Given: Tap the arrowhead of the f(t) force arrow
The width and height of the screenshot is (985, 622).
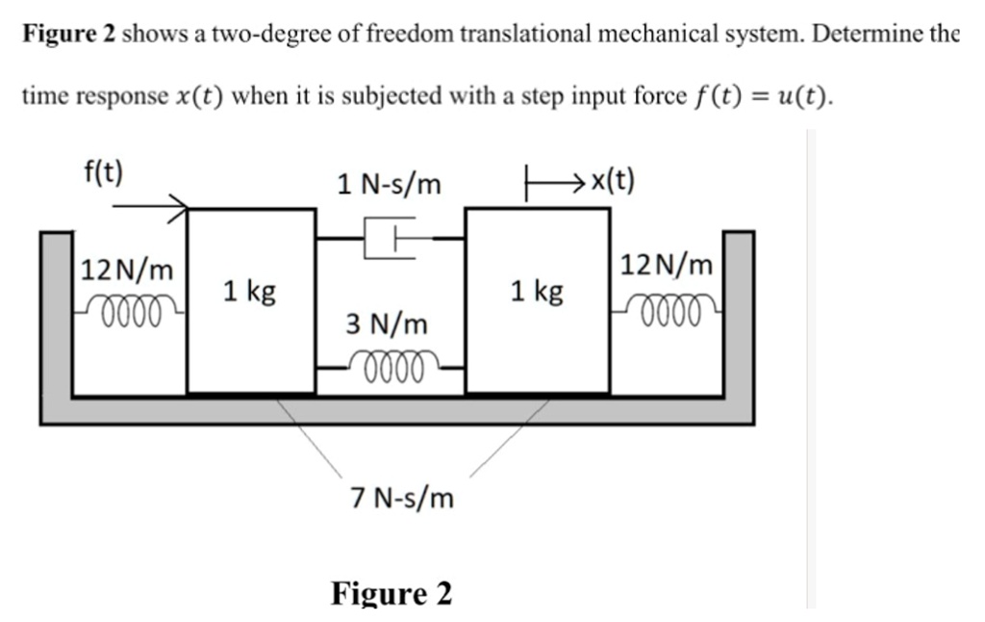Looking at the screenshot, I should (180, 205).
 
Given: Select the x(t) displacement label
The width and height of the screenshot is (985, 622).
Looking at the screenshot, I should (612, 180).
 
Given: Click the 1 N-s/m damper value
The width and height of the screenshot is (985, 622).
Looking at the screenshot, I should (389, 183).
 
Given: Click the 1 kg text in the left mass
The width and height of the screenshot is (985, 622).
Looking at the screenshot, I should (249, 290).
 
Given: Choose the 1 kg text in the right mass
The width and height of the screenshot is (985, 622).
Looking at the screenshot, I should (537, 290).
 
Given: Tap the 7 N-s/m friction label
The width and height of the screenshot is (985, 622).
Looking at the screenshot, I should (402, 498).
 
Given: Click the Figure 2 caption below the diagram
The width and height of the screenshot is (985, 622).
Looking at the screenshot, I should (391, 592).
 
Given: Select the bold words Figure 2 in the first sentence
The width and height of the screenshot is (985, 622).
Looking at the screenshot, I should (70, 36).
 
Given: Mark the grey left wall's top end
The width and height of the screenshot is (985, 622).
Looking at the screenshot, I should (56, 236).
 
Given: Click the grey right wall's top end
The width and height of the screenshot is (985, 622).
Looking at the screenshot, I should (738, 236).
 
